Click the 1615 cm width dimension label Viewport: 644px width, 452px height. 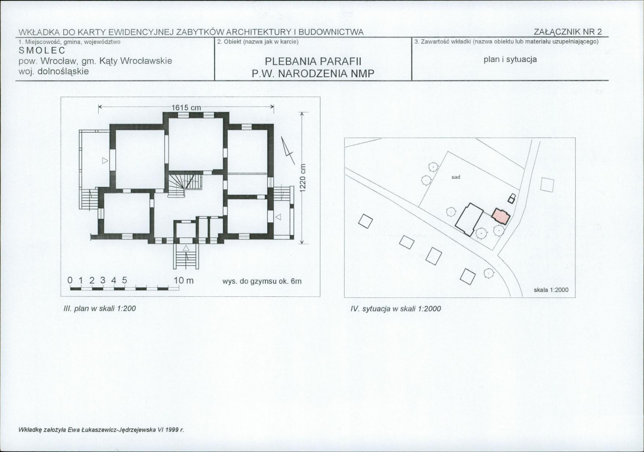coord(186,108)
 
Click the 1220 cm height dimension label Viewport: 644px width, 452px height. coord(303,178)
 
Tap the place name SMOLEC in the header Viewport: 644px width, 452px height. coord(42,50)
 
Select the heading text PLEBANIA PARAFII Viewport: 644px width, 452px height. coord(313,62)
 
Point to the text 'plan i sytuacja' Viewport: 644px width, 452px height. coord(510,60)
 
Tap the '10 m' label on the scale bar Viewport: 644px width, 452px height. coord(184,280)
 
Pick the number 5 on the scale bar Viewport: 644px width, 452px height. coord(125,280)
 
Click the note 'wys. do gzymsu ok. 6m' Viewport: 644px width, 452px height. coord(262,281)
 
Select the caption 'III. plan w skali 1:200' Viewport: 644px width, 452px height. coord(99,309)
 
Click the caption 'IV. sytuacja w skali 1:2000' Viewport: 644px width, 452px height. coord(396,309)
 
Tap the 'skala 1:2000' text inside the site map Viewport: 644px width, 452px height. coord(551,290)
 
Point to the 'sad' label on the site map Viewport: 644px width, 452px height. coord(456,177)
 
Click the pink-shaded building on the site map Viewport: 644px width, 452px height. coord(500,216)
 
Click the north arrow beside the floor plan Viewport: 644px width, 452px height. coord(288,151)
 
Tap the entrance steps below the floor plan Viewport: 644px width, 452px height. coord(186,257)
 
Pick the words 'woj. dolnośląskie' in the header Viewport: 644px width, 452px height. coord(54,71)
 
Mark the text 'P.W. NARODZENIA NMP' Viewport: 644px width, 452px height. coord(313,74)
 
